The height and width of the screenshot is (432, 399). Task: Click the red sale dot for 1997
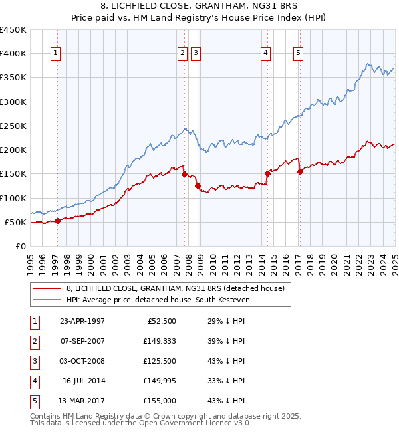(x=57, y=221)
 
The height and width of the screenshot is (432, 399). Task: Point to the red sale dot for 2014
(x=267, y=174)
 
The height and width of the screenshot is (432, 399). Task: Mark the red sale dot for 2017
(x=300, y=171)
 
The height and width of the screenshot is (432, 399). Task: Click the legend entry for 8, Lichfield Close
(x=176, y=288)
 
